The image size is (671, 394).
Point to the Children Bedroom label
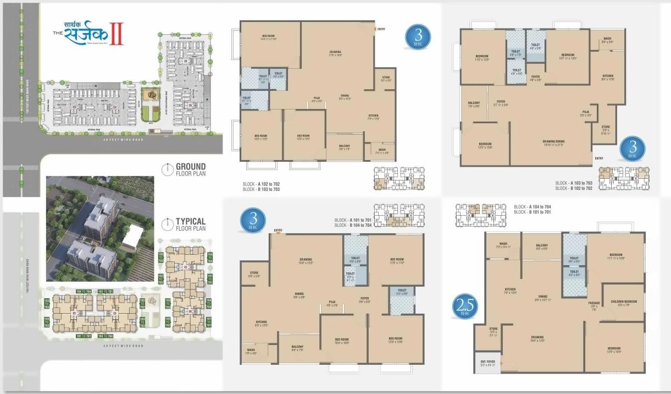(x=623, y=302)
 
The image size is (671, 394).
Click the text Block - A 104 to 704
(x=532, y=206)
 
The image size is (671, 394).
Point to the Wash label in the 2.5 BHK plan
(x=503, y=245)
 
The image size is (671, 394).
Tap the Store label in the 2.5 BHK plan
(x=493, y=330)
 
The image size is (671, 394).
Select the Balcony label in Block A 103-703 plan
(x=474, y=105)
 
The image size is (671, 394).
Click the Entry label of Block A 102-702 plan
(x=381, y=29)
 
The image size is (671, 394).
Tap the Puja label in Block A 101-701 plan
(x=332, y=302)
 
